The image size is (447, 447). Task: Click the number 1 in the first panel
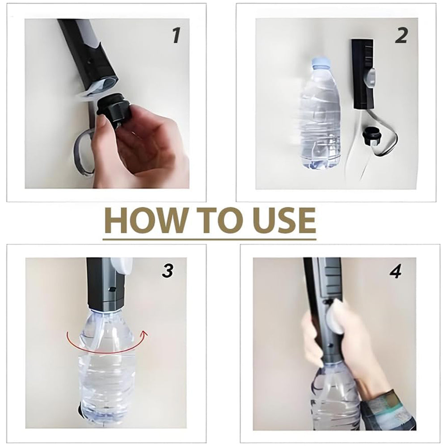pyautogui.click(x=176, y=36)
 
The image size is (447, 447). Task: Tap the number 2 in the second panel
pyautogui.click(x=401, y=36)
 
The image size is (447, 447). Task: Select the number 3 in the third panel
pyautogui.click(x=167, y=270)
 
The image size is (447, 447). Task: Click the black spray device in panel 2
pyautogui.click(x=363, y=74)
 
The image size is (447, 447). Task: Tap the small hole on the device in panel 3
pyautogui.click(x=111, y=289)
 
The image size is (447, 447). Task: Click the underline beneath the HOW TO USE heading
pyautogui.click(x=210, y=239)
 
